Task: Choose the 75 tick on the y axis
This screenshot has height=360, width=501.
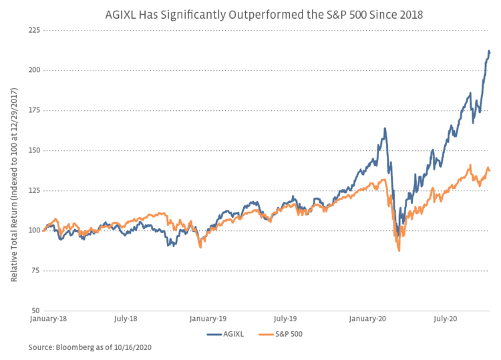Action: coord(33,271)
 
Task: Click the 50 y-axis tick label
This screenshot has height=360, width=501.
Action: coord(33,311)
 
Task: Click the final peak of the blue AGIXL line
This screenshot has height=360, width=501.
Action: coord(489,51)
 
